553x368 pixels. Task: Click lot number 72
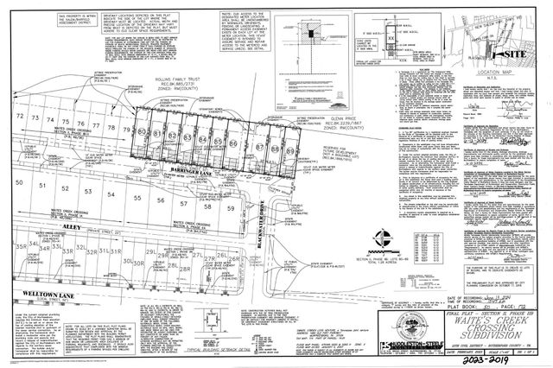19,116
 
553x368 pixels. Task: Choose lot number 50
19,184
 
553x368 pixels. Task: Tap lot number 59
230,208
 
